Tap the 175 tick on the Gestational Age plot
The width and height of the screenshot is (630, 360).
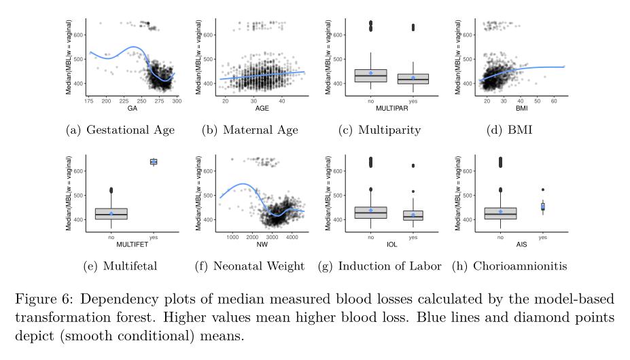click(x=90, y=101)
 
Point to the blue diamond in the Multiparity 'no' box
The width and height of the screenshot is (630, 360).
click(x=370, y=73)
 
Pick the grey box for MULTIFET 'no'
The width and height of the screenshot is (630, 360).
click(x=111, y=214)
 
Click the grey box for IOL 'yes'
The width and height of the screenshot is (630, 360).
click(x=413, y=215)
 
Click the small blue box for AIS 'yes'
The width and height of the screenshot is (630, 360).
click(x=542, y=206)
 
